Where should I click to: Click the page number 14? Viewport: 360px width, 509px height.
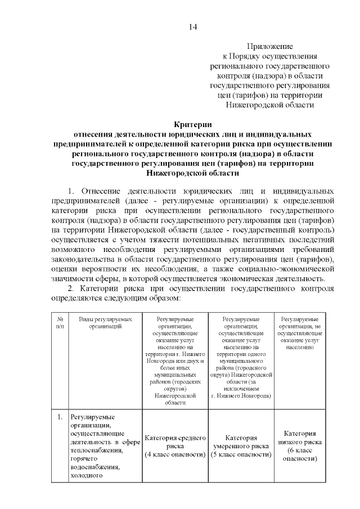pyautogui.click(x=193, y=26)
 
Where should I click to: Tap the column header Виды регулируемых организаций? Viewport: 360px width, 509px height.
pyautogui.click(x=102, y=322)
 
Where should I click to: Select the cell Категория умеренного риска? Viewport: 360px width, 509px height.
pyautogui.click(x=241, y=442)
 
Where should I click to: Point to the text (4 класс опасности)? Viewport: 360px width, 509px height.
pyautogui.click(x=174, y=454)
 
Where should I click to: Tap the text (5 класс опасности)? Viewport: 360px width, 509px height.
pyautogui.click(x=241, y=454)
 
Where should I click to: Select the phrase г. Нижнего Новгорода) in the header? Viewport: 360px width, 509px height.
pyautogui.click(x=241, y=396)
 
